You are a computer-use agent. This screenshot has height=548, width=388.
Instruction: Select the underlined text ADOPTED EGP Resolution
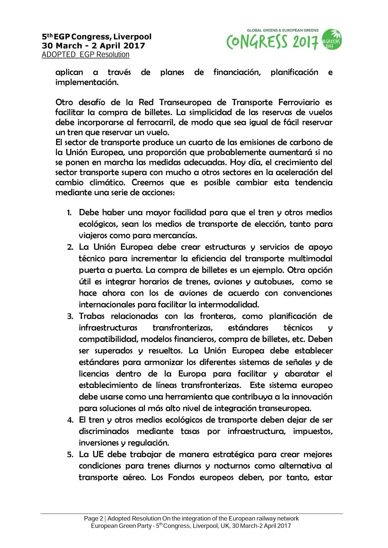tap(85, 55)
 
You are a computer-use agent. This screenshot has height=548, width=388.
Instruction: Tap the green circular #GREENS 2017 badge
tap(332, 40)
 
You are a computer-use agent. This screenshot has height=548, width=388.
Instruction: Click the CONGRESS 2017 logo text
tap(272, 42)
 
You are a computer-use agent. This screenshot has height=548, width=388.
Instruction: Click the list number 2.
tap(70, 247)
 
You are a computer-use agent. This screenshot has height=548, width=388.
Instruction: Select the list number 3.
tap(70, 317)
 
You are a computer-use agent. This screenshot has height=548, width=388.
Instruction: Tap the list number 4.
tap(70, 420)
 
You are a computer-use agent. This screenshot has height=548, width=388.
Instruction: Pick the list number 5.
tap(70, 455)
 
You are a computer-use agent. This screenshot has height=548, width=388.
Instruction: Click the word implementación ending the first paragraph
tap(87, 82)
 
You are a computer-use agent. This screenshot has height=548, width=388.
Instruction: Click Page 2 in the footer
tap(93, 518)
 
